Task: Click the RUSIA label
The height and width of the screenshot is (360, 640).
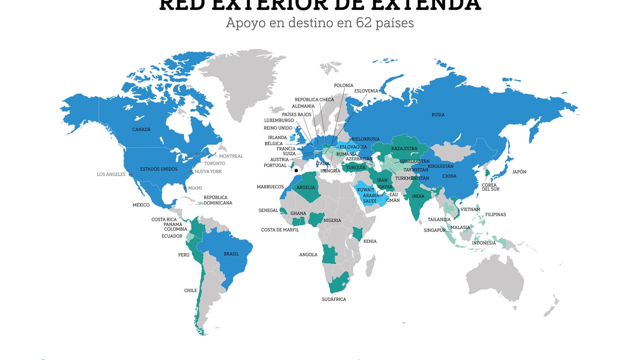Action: coord(438,115)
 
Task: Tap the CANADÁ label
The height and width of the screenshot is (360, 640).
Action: coord(141,130)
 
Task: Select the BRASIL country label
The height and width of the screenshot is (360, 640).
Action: coord(231,254)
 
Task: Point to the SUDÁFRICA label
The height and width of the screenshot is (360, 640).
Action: coord(334,300)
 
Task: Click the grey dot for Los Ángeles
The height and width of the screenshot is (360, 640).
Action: coord(131,175)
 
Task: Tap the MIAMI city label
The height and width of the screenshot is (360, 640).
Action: coord(195,188)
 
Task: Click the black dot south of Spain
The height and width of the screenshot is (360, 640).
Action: coord(296,170)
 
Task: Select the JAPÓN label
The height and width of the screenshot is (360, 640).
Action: coord(519,172)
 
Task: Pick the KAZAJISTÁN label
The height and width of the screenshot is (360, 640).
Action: coord(404,149)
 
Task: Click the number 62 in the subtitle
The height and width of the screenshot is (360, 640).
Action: coord(364,23)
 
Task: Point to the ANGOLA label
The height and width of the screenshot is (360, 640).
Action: coord(308,255)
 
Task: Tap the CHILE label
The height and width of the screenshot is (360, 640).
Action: coord(190,291)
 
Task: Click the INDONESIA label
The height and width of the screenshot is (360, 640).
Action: coord(484,243)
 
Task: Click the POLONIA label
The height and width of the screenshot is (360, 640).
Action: coord(344,86)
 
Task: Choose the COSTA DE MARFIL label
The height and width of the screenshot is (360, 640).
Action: coord(280,230)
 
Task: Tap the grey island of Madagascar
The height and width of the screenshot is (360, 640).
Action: coord(370,266)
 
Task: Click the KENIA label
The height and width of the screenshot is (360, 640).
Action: coord(370,242)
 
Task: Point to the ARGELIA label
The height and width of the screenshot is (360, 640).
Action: coord(306,188)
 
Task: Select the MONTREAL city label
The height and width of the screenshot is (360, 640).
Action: coord(231,156)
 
